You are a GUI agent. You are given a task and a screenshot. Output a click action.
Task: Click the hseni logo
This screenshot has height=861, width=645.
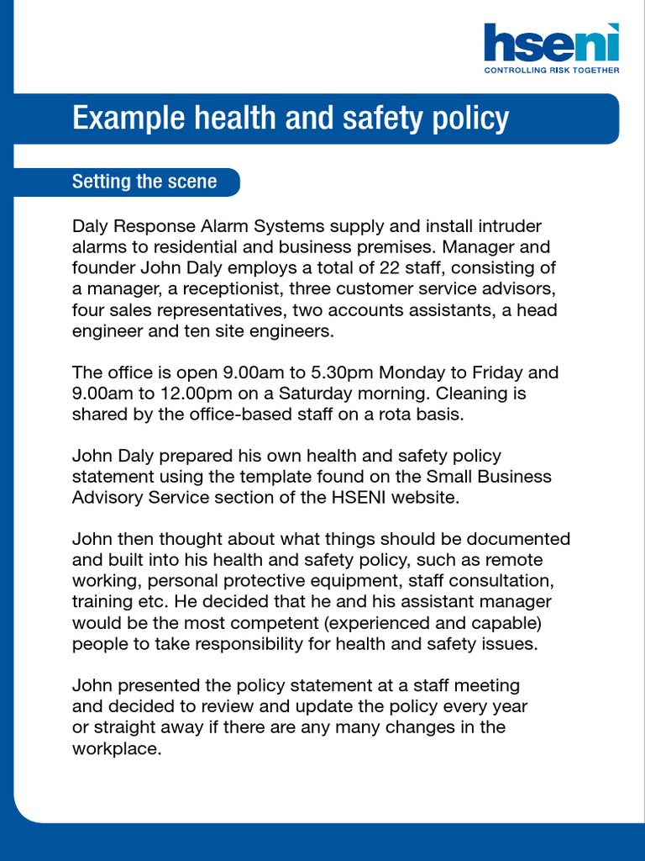[551, 44]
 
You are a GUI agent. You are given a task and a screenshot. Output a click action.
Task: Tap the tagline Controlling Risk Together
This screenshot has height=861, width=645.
[552, 71]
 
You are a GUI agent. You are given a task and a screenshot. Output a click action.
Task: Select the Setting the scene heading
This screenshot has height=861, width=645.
[144, 182]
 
